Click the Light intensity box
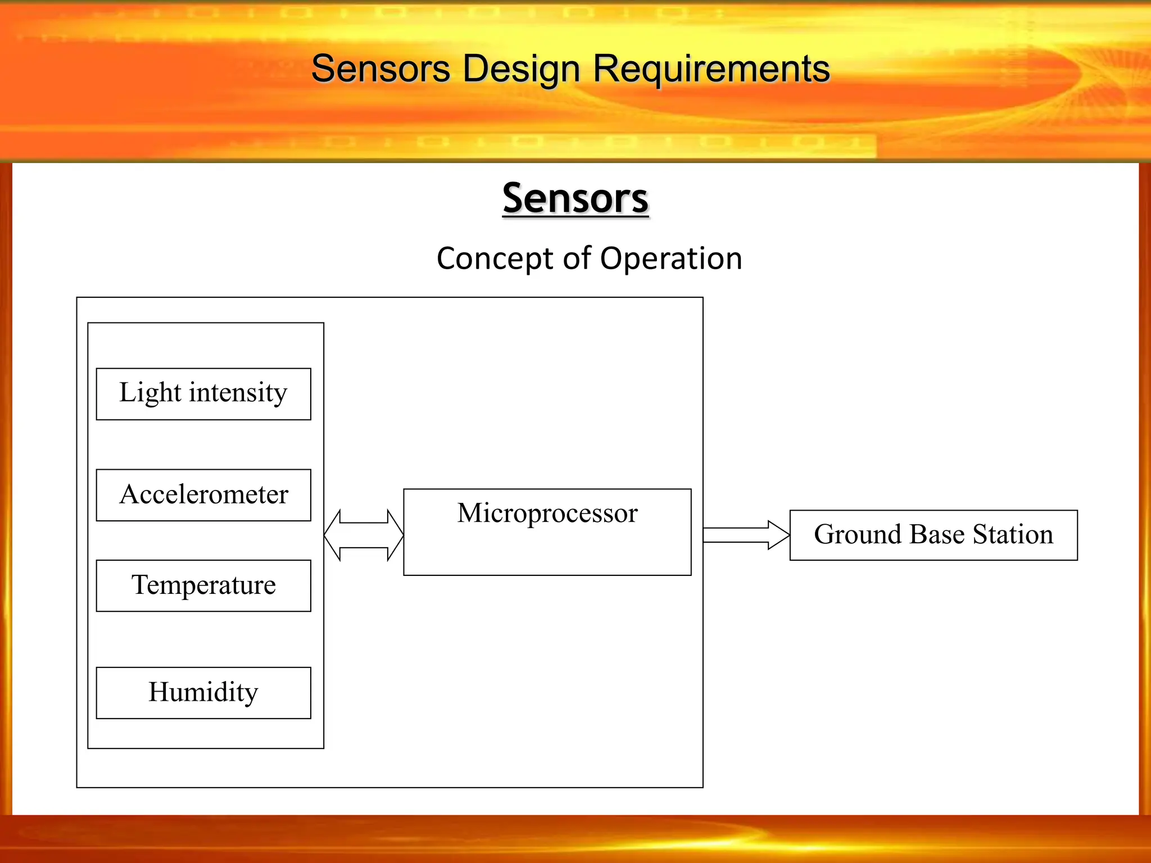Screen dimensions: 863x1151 point(203,394)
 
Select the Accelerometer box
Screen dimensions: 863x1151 point(203,495)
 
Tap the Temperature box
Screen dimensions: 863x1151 point(203,585)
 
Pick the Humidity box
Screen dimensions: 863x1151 point(203,693)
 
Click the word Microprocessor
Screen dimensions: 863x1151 point(547,513)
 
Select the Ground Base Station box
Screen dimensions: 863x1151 point(933,535)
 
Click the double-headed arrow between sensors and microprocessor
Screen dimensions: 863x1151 point(364,535)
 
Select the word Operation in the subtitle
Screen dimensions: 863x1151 point(671,259)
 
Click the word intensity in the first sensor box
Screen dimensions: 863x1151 point(238,393)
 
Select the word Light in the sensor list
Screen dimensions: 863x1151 point(150,393)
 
